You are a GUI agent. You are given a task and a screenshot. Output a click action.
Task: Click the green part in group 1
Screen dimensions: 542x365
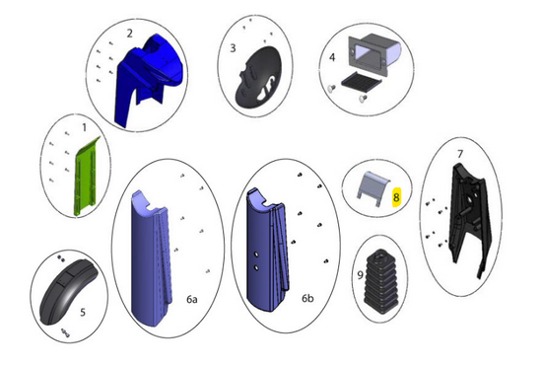click(x=86, y=177)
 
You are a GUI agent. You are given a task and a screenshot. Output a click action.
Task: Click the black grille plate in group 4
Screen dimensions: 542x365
click(x=361, y=81)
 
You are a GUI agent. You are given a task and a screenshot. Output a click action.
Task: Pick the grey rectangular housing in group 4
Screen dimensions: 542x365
click(x=374, y=52)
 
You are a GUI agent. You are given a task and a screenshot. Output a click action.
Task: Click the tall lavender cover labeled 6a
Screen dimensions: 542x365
click(x=152, y=257)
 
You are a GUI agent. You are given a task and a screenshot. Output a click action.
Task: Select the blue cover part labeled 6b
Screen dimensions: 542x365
click(x=268, y=250)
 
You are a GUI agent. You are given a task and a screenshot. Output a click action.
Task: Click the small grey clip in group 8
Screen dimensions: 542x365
click(x=373, y=188)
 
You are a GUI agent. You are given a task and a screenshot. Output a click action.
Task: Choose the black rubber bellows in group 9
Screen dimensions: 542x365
click(x=381, y=281)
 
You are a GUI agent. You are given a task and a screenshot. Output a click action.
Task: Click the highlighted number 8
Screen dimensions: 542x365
click(x=396, y=197)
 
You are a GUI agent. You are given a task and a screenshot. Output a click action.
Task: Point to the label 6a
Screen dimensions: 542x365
click(x=192, y=299)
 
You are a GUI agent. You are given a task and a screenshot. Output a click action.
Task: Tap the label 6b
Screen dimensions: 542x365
click(x=307, y=298)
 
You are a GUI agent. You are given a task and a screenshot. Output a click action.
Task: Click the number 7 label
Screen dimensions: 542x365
click(x=460, y=154)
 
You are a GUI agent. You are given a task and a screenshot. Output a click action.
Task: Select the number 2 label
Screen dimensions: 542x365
click(x=130, y=34)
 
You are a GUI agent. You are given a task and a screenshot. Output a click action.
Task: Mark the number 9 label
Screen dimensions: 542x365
click(x=360, y=275)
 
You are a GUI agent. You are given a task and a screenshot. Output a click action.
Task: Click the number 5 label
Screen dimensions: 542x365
click(x=83, y=313)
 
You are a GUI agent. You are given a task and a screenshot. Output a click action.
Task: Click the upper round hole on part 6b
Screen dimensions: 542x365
click(x=257, y=254)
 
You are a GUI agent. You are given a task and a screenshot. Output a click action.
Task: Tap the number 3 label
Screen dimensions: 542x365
click(x=233, y=48)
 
